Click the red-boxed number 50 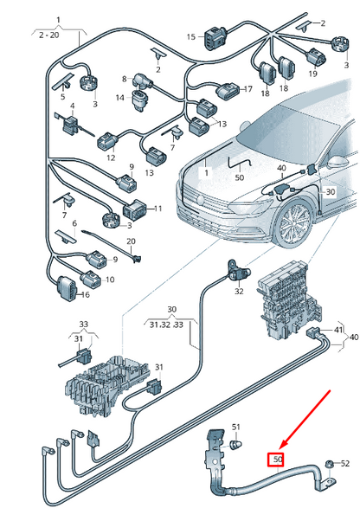coord(277,459)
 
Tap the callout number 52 coord(344,465)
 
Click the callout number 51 coord(236,427)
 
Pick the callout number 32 coord(239,292)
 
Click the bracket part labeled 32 coord(234,269)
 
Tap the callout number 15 coord(191,36)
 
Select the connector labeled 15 coord(213,36)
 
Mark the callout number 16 coord(86,295)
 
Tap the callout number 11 coord(157,209)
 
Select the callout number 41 coord(338,331)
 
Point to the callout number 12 coord(111,158)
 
